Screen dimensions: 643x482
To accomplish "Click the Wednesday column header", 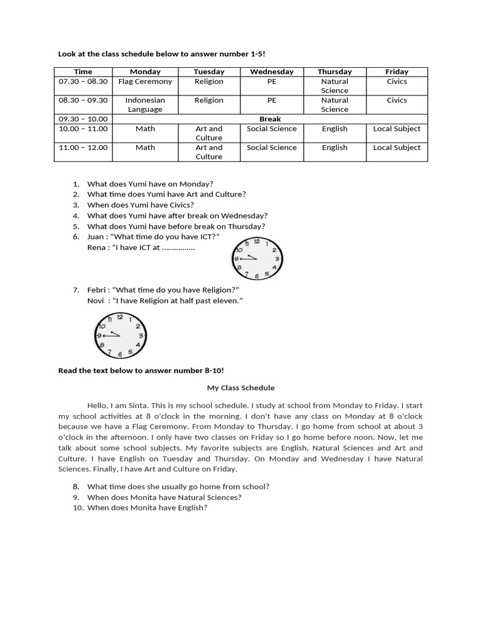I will (x=271, y=72).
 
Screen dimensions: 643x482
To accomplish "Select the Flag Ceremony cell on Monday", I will (x=145, y=82).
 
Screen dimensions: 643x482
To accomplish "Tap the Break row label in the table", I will (x=270, y=119).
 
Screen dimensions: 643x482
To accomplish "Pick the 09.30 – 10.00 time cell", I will (x=83, y=119).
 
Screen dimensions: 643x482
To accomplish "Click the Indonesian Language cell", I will (x=145, y=104).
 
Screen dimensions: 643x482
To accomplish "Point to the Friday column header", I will (x=397, y=72).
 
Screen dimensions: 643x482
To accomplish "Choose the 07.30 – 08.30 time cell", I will (x=83, y=82).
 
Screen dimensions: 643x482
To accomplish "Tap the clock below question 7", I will (x=120, y=336).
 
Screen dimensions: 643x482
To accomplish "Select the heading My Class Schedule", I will (x=241, y=388).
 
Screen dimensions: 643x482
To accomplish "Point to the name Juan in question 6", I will (x=96, y=237).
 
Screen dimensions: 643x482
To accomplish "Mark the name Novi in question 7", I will (x=96, y=301).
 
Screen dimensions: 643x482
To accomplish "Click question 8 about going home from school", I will (x=178, y=487).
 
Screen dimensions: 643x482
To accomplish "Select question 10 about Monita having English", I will (x=147, y=508).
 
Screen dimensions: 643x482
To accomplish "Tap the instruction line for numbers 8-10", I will (x=141, y=370).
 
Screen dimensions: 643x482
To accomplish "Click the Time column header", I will (x=83, y=72).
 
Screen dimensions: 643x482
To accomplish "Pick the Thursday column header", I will (x=335, y=72).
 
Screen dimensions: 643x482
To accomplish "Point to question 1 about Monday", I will (x=146, y=184).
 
